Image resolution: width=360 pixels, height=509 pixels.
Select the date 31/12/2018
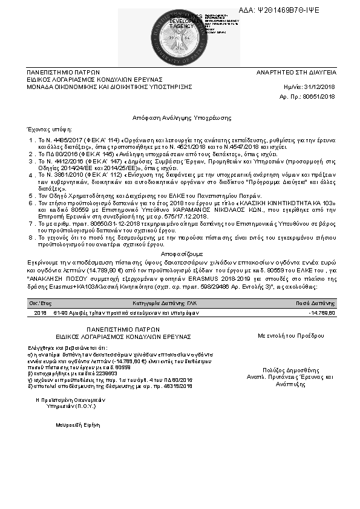326,87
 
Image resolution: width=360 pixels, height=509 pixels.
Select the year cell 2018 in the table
40,312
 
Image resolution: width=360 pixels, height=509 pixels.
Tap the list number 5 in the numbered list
32,196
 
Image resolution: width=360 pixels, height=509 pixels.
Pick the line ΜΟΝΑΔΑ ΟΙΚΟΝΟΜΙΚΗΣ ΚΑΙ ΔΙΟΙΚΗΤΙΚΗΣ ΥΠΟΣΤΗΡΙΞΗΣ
109,87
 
